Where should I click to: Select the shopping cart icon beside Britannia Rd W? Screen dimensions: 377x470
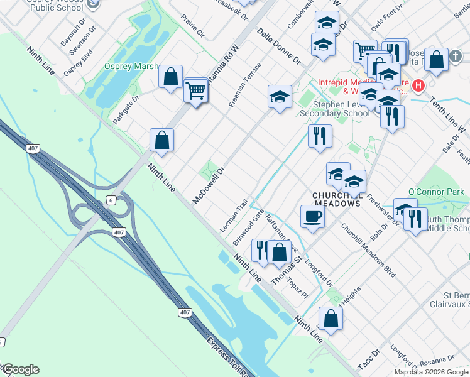[x=196, y=92]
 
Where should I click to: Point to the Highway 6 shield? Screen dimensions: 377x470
[x=110, y=200]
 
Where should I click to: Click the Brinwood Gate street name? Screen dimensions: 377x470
[x=248, y=227]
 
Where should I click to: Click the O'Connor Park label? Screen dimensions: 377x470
[x=435, y=191]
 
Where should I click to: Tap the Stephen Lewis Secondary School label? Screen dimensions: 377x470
[x=334, y=109]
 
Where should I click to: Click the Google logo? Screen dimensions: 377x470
[x=20, y=369]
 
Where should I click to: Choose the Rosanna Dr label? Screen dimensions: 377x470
[x=437, y=360]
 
